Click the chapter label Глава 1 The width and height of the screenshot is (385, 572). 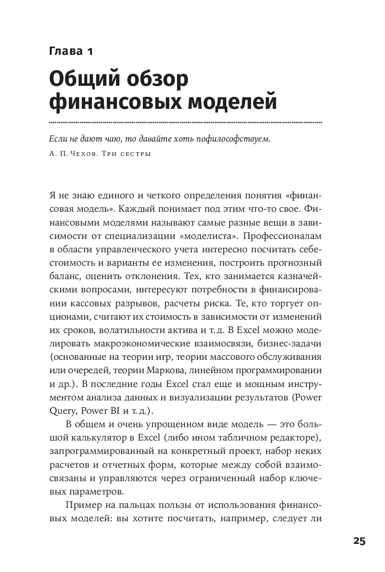click(x=71, y=51)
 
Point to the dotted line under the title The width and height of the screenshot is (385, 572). click(x=185, y=123)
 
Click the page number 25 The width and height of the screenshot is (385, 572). click(x=359, y=542)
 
